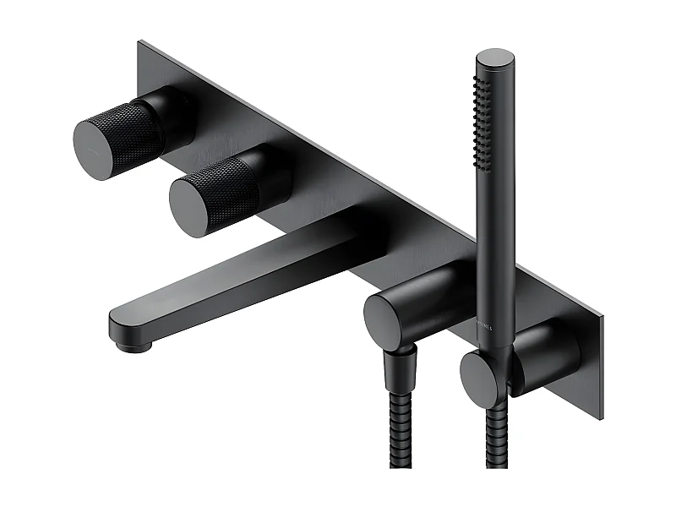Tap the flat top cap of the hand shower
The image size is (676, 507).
(494, 58)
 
